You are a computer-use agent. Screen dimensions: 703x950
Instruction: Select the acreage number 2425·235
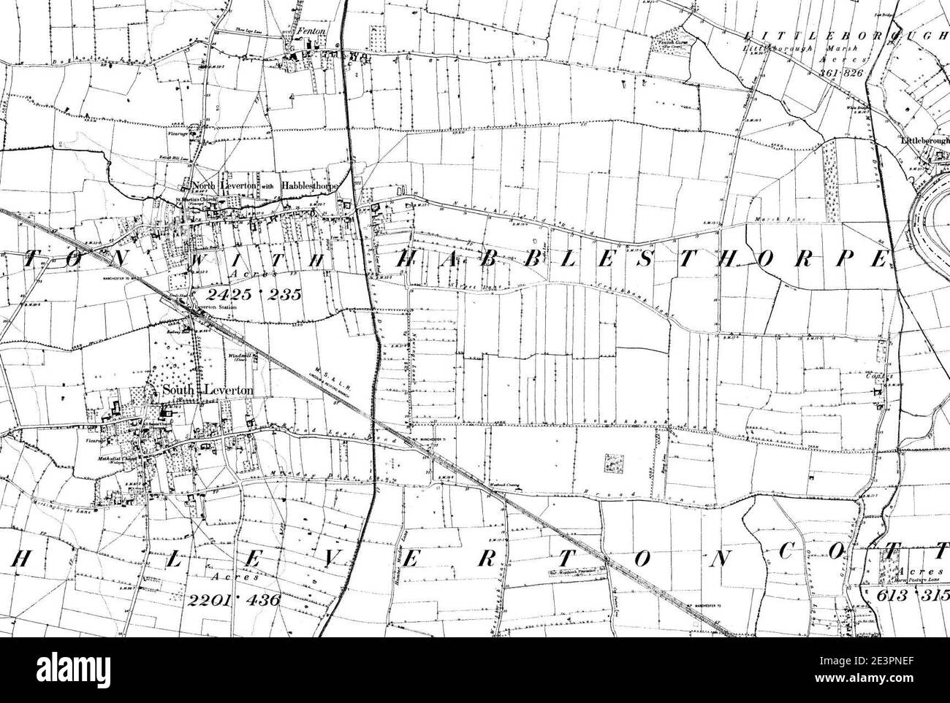click(x=230, y=295)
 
